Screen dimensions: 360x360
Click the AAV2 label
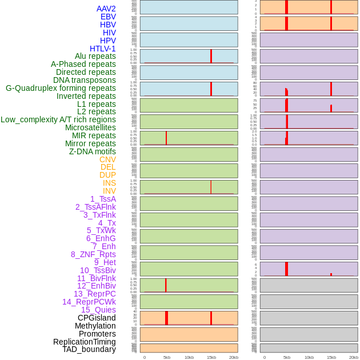pyautogui.click(x=106, y=9)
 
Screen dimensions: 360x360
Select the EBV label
pyautogui.click(x=108, y=17)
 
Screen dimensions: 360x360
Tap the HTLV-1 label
pyautogui.click(x=103, y=49)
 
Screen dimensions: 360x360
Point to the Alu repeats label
pyautogui.click(x=95, y=56)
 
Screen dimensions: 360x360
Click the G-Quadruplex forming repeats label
pyautogui.click(x=61, y=88)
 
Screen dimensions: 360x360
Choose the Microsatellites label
pyautogui.click(x=90, y=127)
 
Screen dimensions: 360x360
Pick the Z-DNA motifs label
pyautogui.click(x=93, y=151)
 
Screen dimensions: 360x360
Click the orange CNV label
pyautogui.click(x=107, y=159)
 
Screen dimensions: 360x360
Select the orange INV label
pyautogui.click(x=109, y=191)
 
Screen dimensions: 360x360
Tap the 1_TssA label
pyautogui.click(x=103, y=199)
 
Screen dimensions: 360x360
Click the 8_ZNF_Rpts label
pyautogui.click(x=93, y=254)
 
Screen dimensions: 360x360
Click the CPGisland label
pyautogui.click(x=97, y=318)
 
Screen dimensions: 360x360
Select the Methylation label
pyautogui.click(x=95, y=326)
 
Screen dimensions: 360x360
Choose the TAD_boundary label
pyautogui.click(x=89, y=349)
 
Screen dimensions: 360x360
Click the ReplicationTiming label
pyautogui.click(x=85, y=342)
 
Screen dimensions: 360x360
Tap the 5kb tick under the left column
pyautogui.click(x=167, y=357)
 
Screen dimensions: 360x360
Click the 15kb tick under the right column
pyautogui.click(x=331, y=357)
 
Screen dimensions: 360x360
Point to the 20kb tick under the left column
pyautogui.click(x=234, y=357)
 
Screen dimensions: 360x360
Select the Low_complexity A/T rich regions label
pyautogui.click(x=58, y=119)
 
